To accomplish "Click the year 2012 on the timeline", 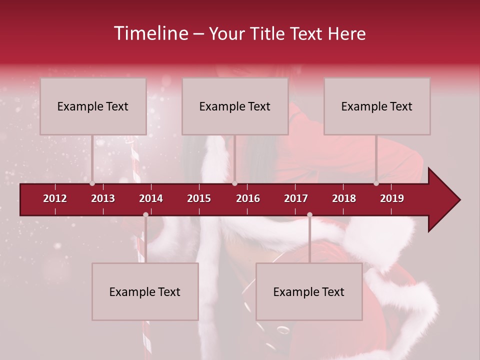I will tap(55, 198).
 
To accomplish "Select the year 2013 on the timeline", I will tap(103, 198).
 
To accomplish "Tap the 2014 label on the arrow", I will tap(151, 198).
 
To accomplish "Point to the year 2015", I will tap(199, 198).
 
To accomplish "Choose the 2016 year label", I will tap(248, 198).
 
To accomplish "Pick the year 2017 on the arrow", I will tap(296, 198).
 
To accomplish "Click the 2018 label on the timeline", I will tap(344, 198).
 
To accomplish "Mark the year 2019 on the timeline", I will tap(392, 198).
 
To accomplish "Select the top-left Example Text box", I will tap(93, 106).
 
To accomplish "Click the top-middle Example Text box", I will tap(235, 106).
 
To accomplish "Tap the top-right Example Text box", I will tap(377, 106).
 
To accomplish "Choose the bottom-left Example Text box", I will tap(145, 291).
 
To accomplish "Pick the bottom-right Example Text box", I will tap(309, 291).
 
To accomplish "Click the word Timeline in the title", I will tap(150, 33).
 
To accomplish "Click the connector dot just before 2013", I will tap(92, 183).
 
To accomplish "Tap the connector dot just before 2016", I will tap(234, 183).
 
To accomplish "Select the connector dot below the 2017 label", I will tap(309, 215).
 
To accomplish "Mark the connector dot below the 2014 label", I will tap(145, 215).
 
